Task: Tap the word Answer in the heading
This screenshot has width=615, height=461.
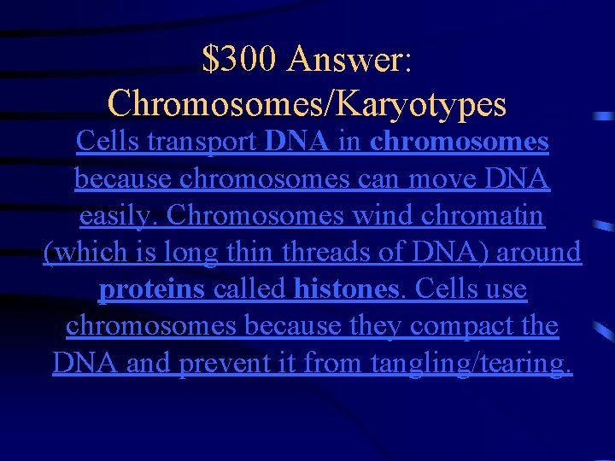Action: (x=350, y=59)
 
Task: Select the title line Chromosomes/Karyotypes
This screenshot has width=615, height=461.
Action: (x=307, y=103)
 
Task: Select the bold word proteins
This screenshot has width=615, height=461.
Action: (x=151, y=290)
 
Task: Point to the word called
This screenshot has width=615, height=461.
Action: (x=249, y=289)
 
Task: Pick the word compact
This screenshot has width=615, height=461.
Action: (x=454, y=327)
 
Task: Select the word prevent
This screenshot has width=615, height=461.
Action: (x=226, y=364)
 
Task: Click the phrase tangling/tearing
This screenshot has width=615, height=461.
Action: (x=471, y=365)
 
